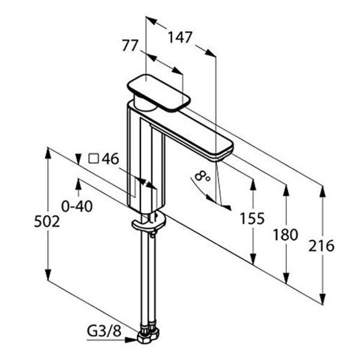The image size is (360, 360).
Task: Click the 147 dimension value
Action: point(179,37)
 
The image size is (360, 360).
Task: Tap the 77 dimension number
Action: point(130,45)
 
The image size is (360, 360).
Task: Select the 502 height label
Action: point(47,222)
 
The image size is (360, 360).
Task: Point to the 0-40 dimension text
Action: point(77,206)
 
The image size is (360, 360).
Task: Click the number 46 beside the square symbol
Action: point(110,158)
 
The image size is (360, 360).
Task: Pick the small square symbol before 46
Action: point(94,158)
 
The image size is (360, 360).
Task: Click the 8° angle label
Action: point(202,176)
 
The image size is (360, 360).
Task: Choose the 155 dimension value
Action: point(252,218)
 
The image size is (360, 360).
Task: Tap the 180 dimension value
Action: point(286,235)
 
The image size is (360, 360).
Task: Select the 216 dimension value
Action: point(322,246)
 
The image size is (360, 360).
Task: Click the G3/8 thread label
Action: point(104,331)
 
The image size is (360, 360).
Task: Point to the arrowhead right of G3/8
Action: point(131,340)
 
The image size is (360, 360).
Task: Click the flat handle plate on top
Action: point(160,94)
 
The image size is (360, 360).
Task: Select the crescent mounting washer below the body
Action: point(148,222)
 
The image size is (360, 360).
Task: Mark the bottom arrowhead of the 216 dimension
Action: point(323,299)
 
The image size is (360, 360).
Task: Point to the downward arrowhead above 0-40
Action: point(79,159)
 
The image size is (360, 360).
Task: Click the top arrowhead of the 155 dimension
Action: point(253,185)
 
